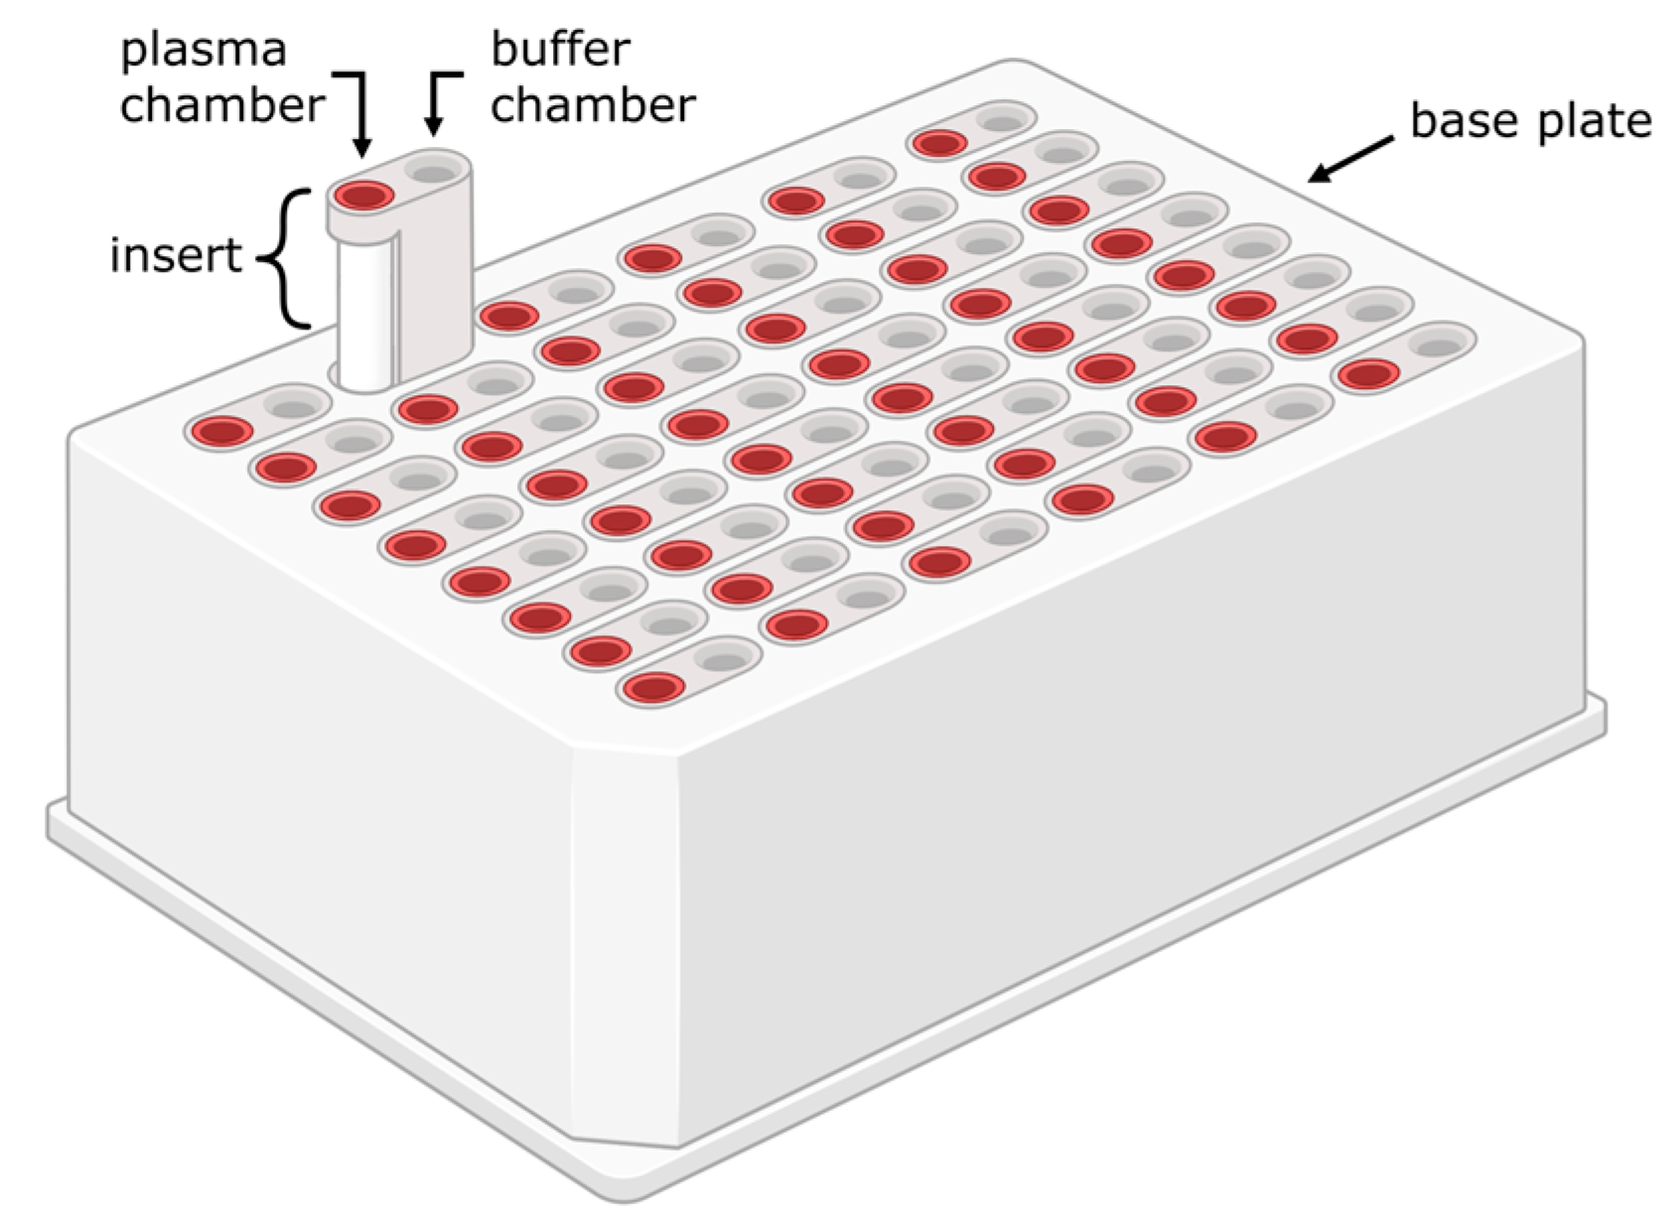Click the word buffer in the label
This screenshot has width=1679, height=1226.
(561, 50)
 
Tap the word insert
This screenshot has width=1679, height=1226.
(176, 256)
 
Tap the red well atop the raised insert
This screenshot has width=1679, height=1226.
(364, 195)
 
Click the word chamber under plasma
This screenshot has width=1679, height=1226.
(222, 104)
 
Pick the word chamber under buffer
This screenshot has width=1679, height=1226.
(593, 104)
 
